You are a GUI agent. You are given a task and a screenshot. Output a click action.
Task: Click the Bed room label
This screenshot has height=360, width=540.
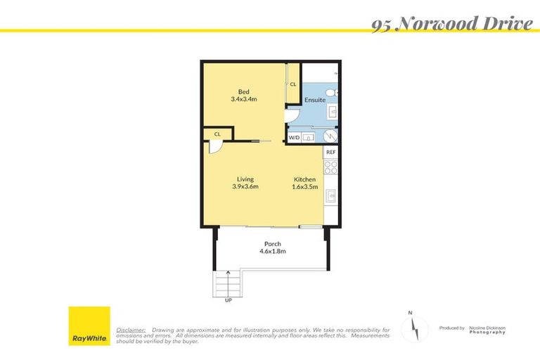(244, 92)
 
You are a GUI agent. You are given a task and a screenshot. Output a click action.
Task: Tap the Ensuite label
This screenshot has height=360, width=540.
(314, 100)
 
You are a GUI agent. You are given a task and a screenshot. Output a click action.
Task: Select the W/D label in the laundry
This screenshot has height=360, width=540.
(294, 138)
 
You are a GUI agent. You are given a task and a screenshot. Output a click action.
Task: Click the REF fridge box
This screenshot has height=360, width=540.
(330, 152)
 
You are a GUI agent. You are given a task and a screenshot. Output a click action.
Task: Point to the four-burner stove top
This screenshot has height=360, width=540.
(330, 167)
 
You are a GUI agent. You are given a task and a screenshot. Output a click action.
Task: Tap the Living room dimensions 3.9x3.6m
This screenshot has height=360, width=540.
(245, 186)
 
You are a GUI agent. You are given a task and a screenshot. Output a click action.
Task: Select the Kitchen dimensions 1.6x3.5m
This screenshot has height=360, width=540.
(305, 186)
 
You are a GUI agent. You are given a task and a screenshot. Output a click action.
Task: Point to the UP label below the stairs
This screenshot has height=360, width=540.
(228, 300)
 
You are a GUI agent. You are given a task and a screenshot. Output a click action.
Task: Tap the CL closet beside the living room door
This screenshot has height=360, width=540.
(217, 134)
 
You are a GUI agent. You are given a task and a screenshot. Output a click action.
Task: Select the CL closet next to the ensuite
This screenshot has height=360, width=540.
(292, 84)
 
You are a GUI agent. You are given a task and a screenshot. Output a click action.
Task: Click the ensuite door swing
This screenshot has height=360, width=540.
(294, 115)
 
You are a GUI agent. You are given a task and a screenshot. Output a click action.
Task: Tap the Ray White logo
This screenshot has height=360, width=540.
(89, 326)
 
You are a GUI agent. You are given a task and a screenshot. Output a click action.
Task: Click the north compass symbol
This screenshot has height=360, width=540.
(415, 328)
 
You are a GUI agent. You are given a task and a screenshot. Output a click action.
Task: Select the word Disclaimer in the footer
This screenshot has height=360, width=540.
(131, 329)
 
